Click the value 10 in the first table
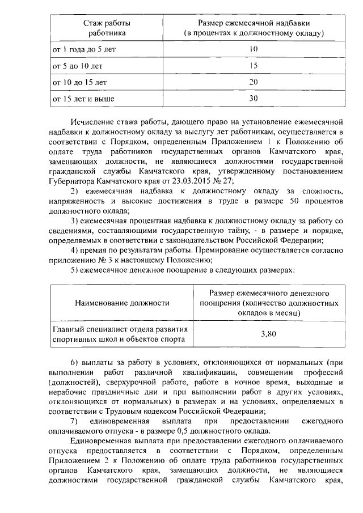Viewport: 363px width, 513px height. (x=254, y=49)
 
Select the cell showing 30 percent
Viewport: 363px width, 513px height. (x=254, y=99)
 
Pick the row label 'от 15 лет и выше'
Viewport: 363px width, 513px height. (x=83, y=99)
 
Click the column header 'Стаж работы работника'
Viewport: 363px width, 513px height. (x=107, y=28)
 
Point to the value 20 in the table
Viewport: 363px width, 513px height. (x=254, y=82)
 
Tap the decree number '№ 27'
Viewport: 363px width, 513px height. (x=223, y=181)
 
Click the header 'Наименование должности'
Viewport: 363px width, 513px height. (x=123, y=303)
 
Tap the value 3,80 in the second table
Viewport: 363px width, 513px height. (x=268, y=334)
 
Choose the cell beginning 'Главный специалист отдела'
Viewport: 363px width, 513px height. (x=120, y=334)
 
